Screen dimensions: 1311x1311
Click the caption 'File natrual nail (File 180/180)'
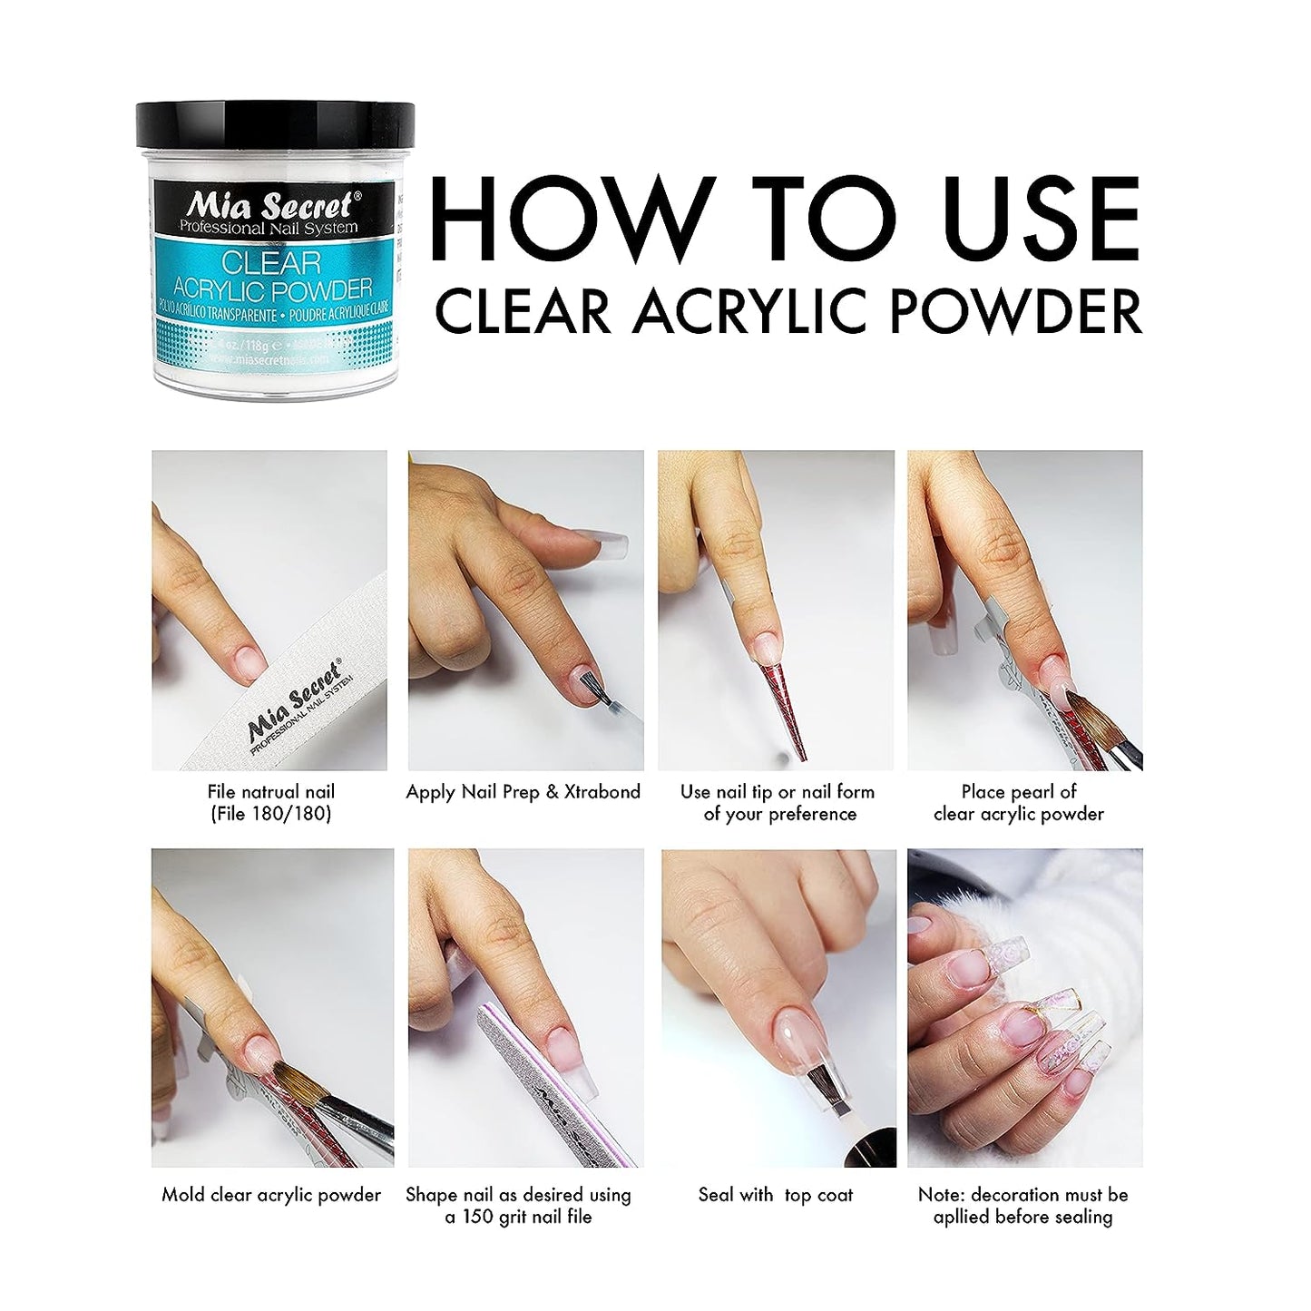pyautogui.click(x=270, y=803)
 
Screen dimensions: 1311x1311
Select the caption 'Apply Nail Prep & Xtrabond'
pyautogui.click(x=523, y=792)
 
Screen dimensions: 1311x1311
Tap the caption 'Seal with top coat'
pyautogui.click(x=776, y=1195)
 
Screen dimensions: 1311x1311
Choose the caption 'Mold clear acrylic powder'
pyautogui.click(x=271, y=1195)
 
